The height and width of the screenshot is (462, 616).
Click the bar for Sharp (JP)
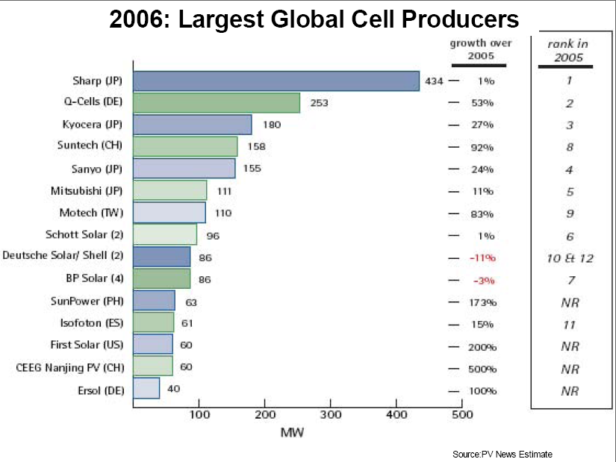coord(276,81)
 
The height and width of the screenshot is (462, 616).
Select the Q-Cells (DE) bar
coord(217,102)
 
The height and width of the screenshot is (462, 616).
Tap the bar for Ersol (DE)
coord(146,388)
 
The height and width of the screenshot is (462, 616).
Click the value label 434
coord(434,81)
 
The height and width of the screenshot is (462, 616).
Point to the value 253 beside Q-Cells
coord(319,102)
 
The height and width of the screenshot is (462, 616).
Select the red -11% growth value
coord(482,257)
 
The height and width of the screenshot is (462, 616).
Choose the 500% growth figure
coord(482,369)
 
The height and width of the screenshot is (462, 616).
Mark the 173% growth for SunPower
coord(482,303)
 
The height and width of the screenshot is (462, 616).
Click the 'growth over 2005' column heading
coord(480,49)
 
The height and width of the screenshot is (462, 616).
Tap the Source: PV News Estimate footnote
coord(502,453)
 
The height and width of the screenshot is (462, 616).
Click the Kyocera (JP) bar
coord(193,125)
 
